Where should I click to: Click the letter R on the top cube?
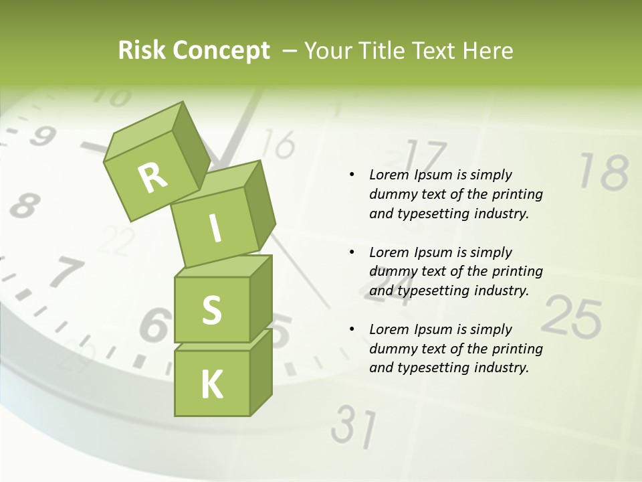pos(153,177)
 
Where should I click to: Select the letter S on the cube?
pos(211,310)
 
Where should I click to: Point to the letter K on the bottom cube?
pos(211,384)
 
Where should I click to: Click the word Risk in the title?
pos(142,51)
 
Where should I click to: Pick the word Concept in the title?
pos(221,52)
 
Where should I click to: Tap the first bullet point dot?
pos(352,175)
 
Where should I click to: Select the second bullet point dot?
pos(352,252)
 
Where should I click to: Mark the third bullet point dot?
pos(352,329)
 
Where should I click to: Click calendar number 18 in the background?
pos(603,172)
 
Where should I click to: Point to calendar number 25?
pos(571,317)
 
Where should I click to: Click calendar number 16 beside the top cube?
pos(278,144)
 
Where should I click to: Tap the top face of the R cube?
pos(143,127)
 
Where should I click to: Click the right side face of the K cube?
pos(261,372)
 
